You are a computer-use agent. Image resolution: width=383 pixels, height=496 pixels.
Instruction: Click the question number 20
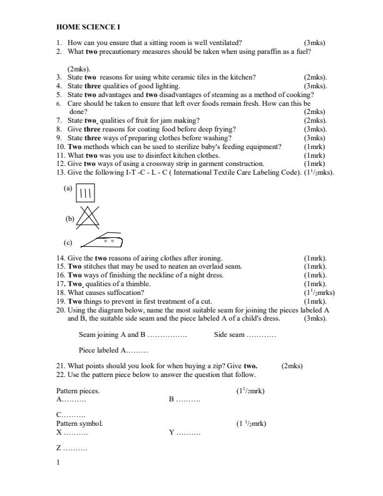tap(61, 310)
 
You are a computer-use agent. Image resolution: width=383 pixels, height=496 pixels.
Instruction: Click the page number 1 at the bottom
tap(58, 463)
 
